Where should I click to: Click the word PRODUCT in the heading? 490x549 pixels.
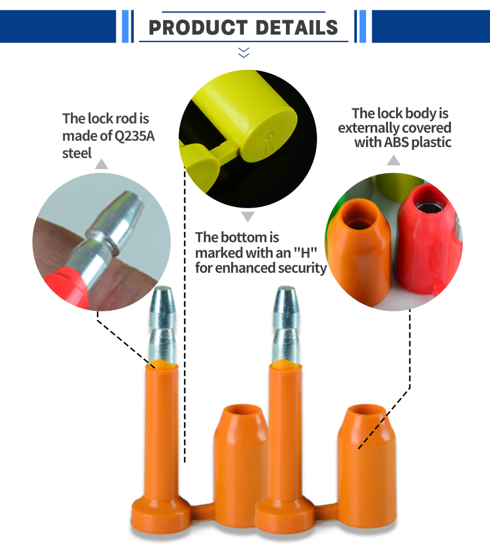click(x=198, y=28)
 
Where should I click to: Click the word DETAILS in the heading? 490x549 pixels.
click(x=297, y=28)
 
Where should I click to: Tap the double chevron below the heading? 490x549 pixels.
click(x=244, y=52)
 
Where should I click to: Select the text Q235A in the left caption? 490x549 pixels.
click(x=135, y=136)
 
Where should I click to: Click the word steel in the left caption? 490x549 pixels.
click(x=77, y=153)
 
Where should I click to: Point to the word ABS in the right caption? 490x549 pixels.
click(x=396, y=142)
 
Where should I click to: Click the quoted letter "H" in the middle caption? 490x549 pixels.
click(x=305, y=253)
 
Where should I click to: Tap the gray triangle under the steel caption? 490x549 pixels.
click(x=101, y=164)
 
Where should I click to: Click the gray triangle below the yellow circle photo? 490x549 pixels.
click(x=248, y=216)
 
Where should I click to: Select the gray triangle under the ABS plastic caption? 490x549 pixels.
click(x=394, y=160)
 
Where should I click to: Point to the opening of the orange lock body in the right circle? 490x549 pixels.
click(x=360, y=213)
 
